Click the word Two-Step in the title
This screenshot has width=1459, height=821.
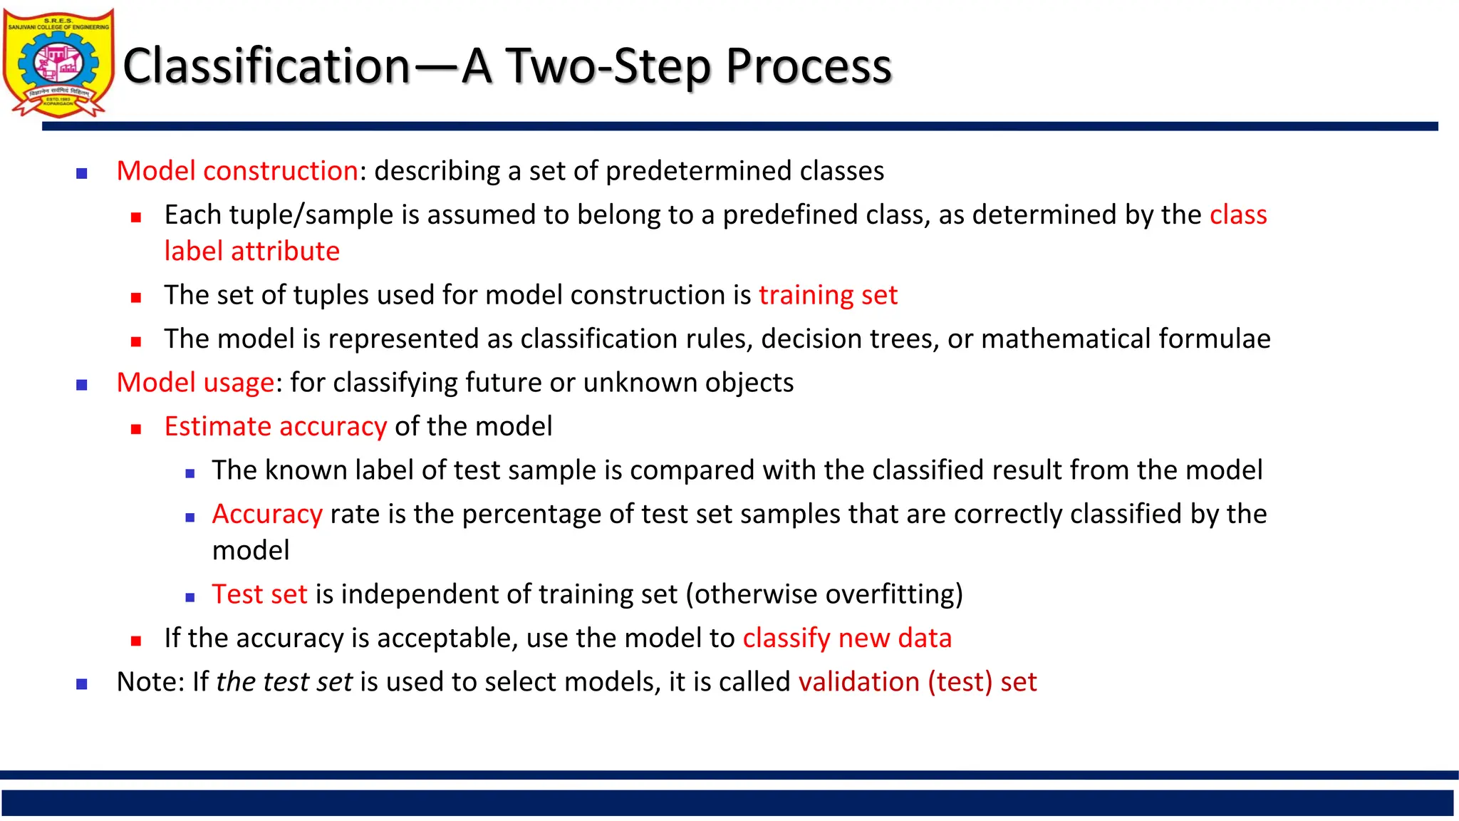click(x=609, y=66)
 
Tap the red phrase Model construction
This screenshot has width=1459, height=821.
click(x=237, y=171)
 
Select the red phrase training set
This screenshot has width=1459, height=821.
click(x=828, y=295)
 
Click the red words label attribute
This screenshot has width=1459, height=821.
click(x=251, y=252)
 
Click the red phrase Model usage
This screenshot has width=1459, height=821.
click(x=195, y=383)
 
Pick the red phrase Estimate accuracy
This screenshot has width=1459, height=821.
click(x=276, y=426)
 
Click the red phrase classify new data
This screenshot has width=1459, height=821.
click(x=846, y=638)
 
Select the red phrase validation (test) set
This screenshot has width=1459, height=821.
click(x=917, y=682)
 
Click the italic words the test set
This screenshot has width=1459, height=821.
click(x=284, y=682)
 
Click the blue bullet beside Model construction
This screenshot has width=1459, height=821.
click(x=82, y=173)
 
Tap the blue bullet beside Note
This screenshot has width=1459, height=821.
click(x=82, y=684)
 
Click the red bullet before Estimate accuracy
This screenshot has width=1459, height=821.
click(x=136, y=429)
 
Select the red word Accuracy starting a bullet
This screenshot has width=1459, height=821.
click(x=267, y=514)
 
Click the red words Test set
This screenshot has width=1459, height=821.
click(x=259, y=594)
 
